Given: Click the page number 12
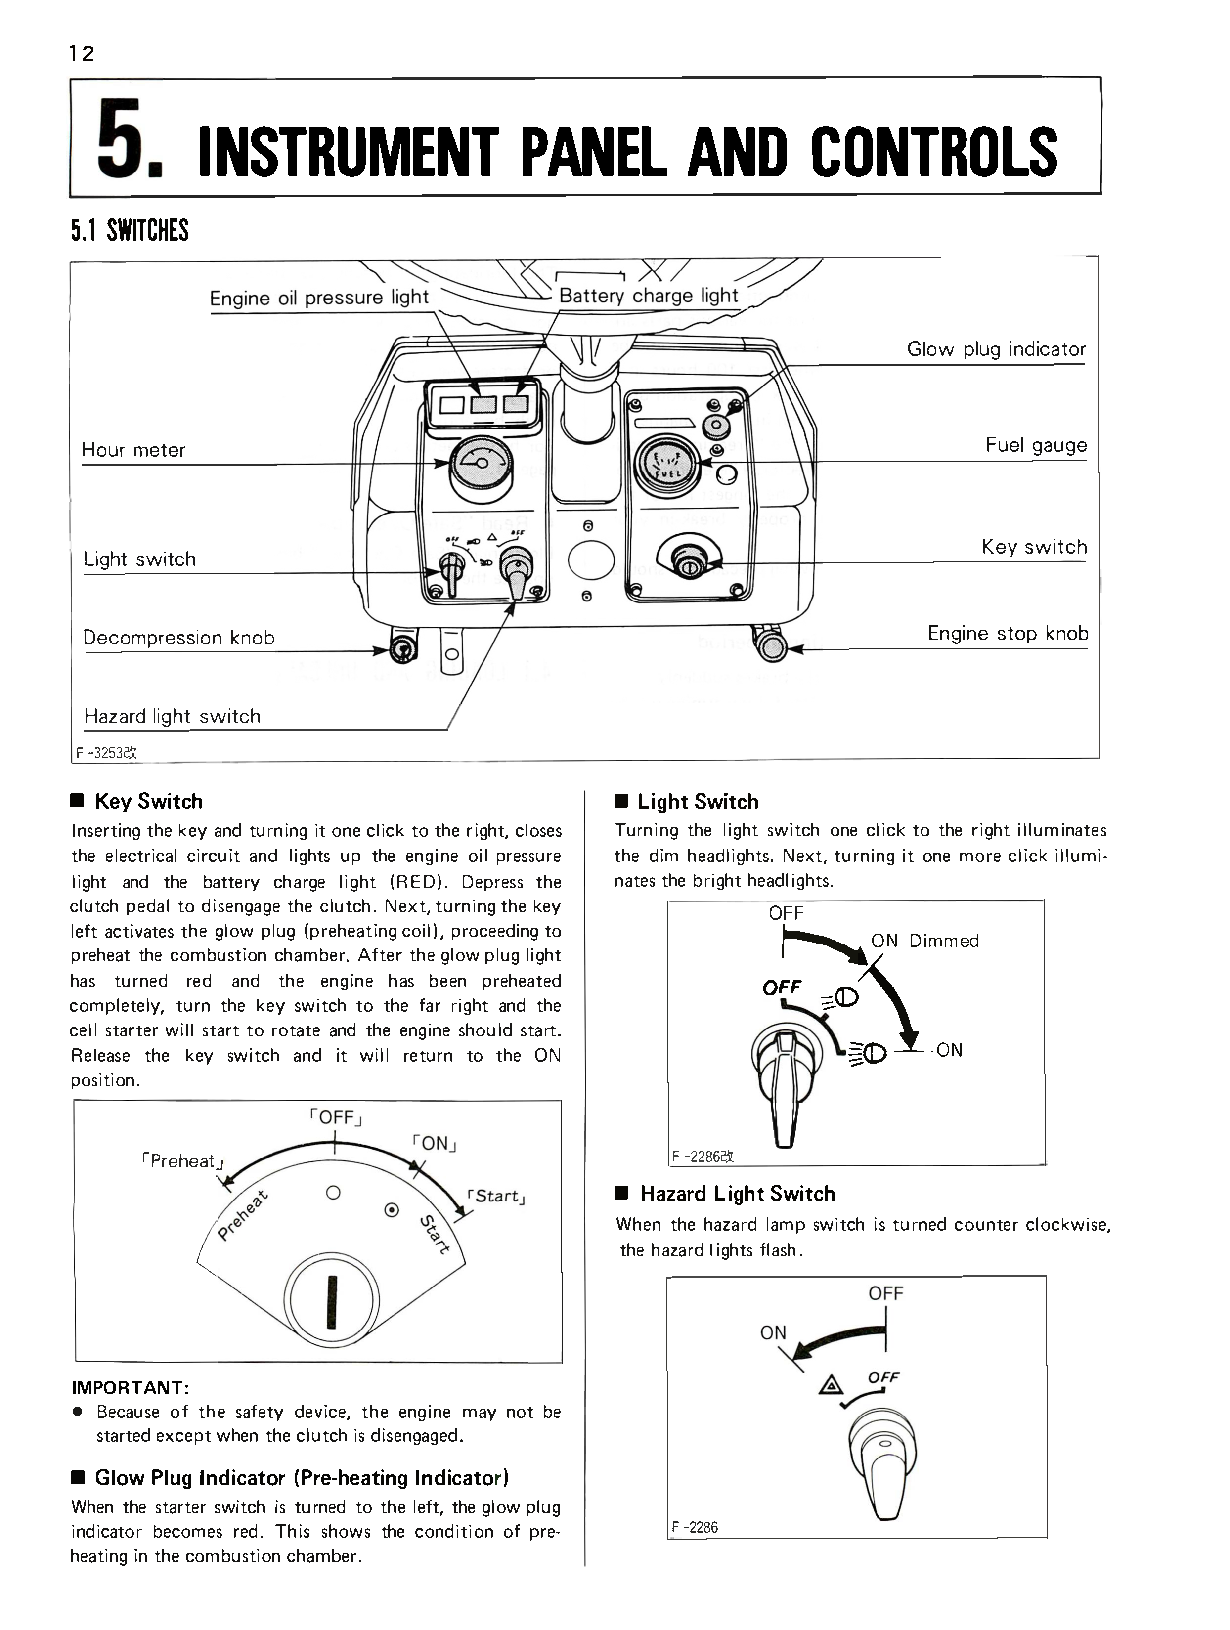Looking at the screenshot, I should click(82, 54).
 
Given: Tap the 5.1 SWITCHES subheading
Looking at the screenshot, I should click(130, 231).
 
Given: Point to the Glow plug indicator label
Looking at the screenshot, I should click(996, 349).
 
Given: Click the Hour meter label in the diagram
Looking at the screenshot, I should click(133, 450).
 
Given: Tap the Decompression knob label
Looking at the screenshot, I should click(178, 638).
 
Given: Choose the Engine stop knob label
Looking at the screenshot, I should click(1008, 634).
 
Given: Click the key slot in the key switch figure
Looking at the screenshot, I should click(332, 1304).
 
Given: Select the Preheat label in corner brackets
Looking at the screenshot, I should click(182, 1161).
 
